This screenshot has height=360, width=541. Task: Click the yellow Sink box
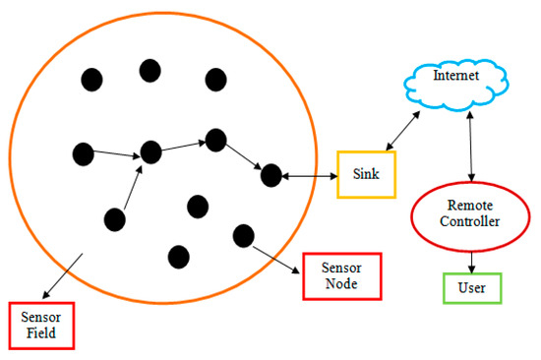(x=366, y=175)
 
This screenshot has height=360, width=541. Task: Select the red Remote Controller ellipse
(x=469, y=213)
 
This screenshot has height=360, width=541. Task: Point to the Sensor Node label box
(x=340, y=276)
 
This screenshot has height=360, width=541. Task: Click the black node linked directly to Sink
(x=270, y=175)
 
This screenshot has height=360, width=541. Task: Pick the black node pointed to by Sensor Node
(x=243, y=235)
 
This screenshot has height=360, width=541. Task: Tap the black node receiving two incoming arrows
(x=150, y=152)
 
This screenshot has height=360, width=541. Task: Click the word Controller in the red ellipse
(x=469, y=222)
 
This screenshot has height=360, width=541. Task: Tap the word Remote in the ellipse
(x=469, y=206)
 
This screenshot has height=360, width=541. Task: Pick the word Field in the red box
(x=41, y=333)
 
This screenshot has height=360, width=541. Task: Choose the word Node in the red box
(x=340, y=285)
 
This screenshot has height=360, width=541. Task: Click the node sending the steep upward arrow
(x=115, y=219)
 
